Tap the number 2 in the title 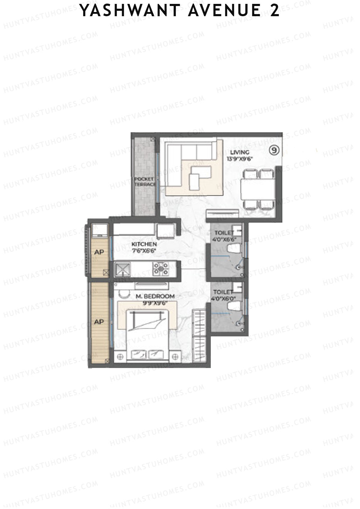pos(274,11)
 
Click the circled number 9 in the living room pos(273,150)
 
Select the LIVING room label pos(239,153)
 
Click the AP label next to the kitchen pos(99,252)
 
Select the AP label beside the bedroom pos(99,322)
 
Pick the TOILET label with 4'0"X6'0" pos(223,292)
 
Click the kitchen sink pos(122,268)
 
